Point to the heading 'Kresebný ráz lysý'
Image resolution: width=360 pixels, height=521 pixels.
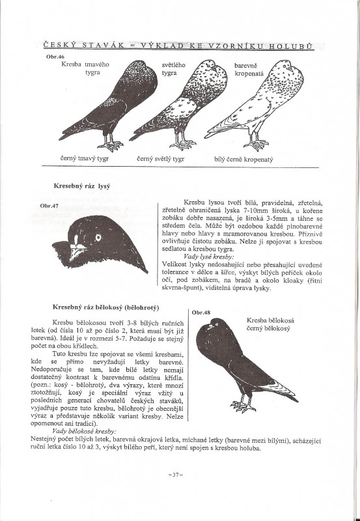pos(81,186)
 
